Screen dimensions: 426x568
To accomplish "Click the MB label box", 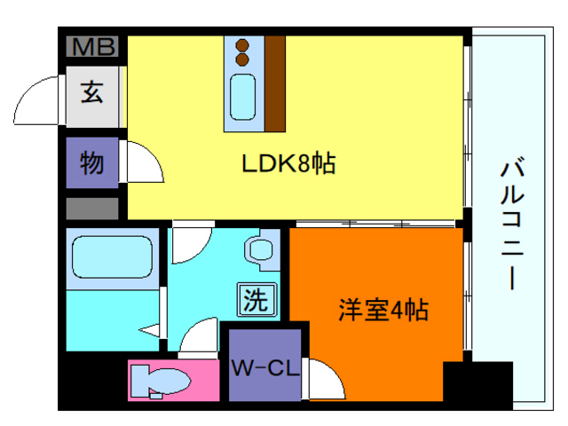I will click(93, 47).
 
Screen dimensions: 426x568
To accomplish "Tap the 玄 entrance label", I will click(92, 91).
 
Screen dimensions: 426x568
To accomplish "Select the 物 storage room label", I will click(92, 163).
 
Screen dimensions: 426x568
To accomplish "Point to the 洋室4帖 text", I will click(383, 310).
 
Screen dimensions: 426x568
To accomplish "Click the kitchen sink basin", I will click(242, 96).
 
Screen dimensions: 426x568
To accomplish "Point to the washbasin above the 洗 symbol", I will click(263, 248).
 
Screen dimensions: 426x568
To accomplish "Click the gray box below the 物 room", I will click(92, 209).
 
